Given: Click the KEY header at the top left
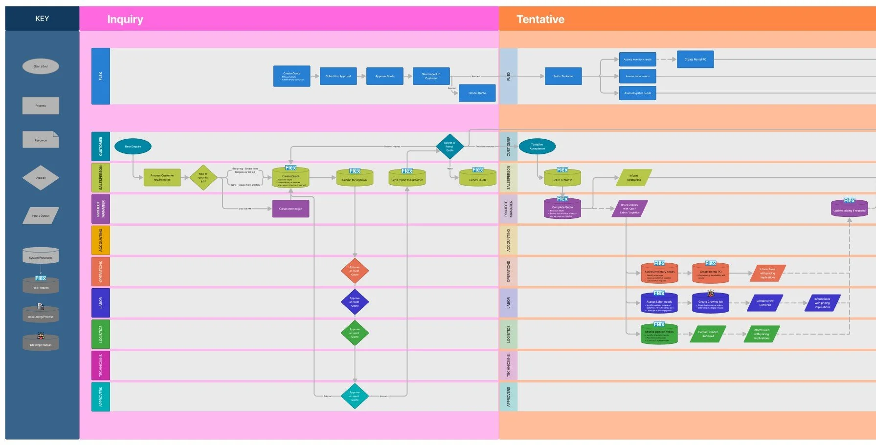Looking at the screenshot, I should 42,19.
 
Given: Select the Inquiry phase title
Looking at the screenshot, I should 125,20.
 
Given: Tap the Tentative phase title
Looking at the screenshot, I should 540,20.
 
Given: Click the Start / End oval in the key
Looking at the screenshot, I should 41,66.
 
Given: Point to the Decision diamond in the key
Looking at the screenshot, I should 41,178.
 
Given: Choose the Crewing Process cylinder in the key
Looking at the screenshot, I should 41,343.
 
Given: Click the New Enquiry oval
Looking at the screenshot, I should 133,147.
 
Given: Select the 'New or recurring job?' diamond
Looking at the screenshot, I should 203,177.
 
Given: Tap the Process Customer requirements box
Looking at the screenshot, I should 162,177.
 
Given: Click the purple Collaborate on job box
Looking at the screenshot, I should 291,209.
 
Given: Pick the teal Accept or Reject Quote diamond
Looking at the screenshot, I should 449,147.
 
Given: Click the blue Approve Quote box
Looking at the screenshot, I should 384,76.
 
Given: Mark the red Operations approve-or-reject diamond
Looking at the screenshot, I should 355,271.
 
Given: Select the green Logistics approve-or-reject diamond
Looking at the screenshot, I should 355,333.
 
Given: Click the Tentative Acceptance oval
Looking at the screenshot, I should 537,147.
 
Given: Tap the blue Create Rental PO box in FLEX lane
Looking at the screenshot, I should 695,60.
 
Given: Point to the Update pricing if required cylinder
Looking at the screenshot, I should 849,209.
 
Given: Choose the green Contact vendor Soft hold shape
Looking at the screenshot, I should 708,334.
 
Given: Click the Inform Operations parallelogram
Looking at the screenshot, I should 634,178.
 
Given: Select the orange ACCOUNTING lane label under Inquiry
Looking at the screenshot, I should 101,240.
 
